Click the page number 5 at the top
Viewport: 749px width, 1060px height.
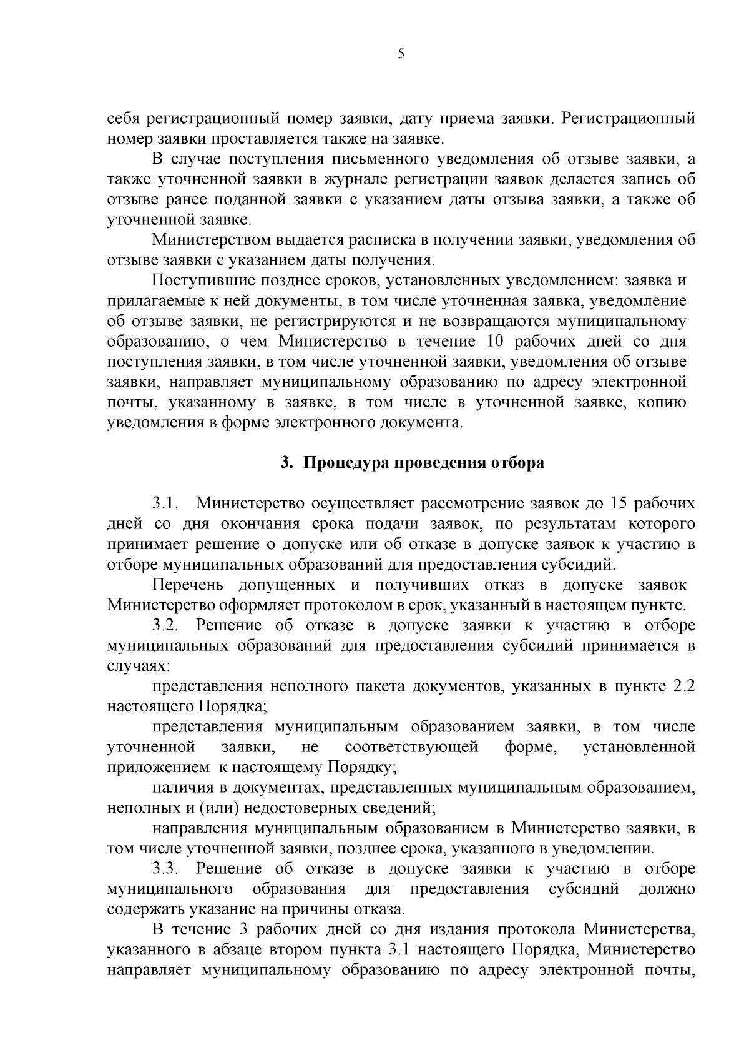tap(401, 54)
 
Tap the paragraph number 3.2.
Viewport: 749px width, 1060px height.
tap(166, 625)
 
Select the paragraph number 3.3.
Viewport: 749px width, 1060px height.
tap(166, 868)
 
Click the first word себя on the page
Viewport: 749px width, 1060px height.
tap(122, 118)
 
